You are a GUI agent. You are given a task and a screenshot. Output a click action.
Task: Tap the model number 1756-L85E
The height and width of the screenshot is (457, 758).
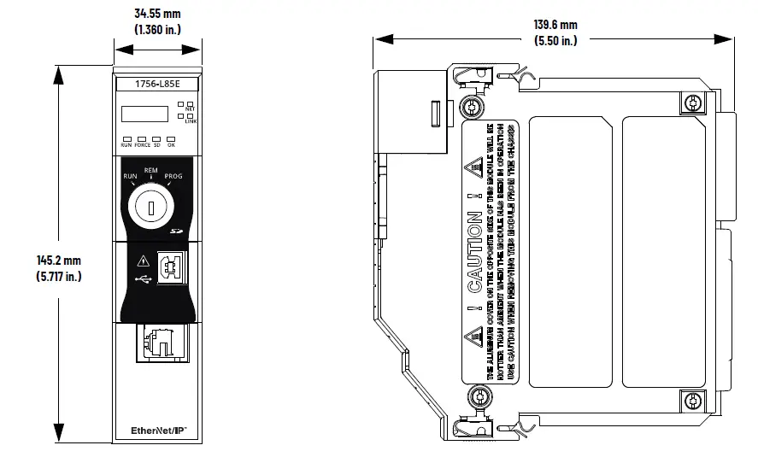tap(156, 84)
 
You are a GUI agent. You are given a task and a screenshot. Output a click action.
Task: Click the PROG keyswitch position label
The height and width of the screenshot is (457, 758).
tap(173, 176)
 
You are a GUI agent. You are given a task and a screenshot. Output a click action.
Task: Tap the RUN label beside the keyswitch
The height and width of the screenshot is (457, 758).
tap(131, 176)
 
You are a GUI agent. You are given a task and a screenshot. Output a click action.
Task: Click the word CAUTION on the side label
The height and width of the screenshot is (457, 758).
tap(476, 252)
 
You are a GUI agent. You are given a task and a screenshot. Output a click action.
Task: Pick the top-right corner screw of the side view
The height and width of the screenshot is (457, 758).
tap(692, 103)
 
